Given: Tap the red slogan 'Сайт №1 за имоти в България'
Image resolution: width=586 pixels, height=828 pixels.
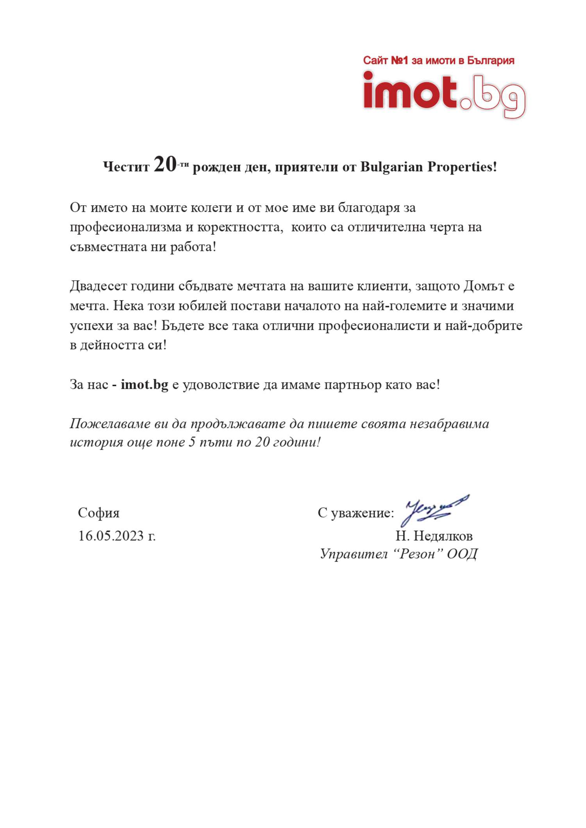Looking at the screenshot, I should pos(438,61).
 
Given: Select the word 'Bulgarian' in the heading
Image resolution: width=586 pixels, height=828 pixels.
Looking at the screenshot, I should pos(391,167).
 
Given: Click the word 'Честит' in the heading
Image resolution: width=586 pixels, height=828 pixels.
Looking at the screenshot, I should pos(126,167).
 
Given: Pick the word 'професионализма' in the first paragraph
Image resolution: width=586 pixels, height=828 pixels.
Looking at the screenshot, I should pos(126,227).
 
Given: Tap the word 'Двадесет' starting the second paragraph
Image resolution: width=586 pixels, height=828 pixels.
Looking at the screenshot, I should pos(98,286).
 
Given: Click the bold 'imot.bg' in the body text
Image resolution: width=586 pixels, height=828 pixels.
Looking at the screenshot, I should pos(145,385).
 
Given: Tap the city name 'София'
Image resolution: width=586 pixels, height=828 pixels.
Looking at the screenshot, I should pos(99,513).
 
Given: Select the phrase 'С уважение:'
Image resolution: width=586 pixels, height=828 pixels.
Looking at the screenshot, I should pos(356,513).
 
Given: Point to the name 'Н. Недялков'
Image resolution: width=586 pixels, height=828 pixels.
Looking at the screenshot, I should pos(434,536).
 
